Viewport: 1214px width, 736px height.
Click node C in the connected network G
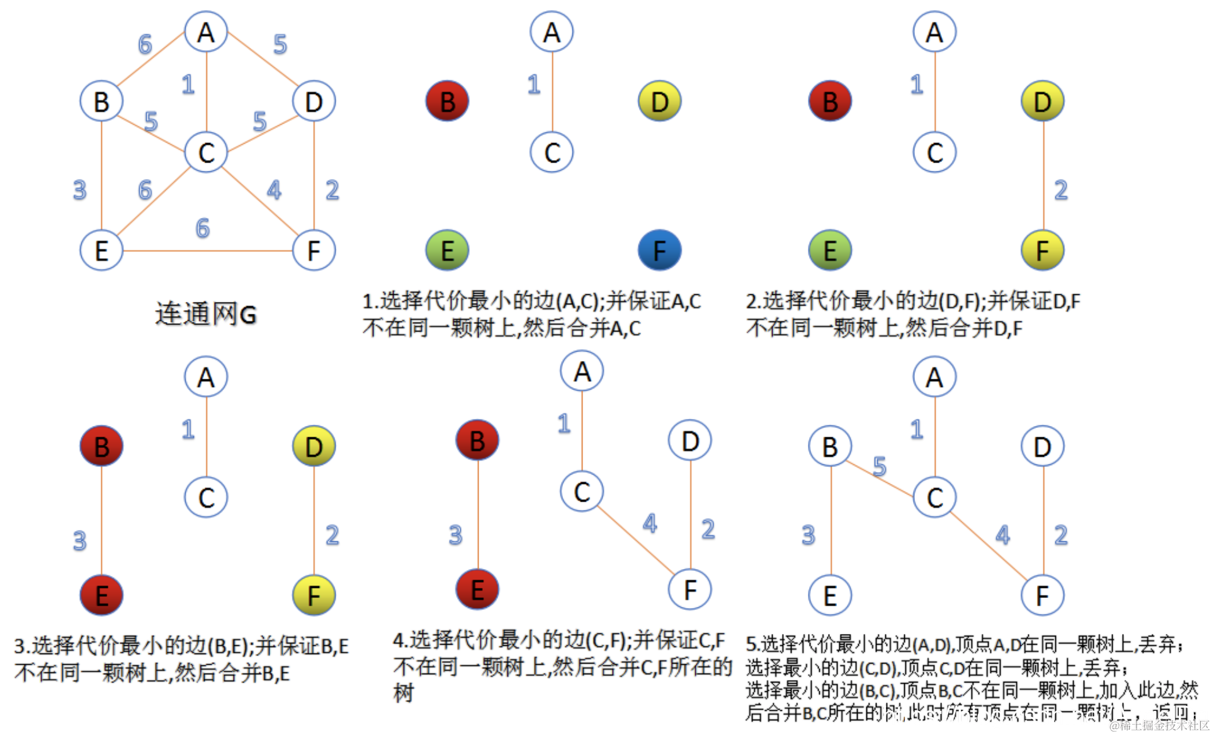[206, 152]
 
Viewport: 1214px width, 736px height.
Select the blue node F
[659, 250]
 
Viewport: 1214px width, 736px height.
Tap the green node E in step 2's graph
[830, 250]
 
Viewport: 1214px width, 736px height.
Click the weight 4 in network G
[274, 190]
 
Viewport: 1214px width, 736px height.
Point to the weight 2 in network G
[332, 190]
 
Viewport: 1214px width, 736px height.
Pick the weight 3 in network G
[79, 190]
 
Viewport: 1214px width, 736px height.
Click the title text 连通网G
[206, 314]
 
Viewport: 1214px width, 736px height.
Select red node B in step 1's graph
[447, 101]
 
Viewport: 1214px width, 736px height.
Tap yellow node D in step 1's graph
[659, 101]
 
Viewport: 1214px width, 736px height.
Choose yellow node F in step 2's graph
[1042, 250]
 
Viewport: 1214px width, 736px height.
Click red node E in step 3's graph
[101, 595]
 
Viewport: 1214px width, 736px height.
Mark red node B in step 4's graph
[477, 440]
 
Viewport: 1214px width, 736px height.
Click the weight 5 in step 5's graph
[880, 466]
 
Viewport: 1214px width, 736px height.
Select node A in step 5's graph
[934, 377]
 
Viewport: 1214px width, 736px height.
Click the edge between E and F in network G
[208, 251]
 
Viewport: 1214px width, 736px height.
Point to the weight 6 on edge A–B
[145, 44]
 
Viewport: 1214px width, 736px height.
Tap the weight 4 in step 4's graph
[650, 523]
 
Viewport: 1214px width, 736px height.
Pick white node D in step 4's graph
[690, 440]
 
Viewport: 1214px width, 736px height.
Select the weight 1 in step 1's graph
[534, 84]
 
